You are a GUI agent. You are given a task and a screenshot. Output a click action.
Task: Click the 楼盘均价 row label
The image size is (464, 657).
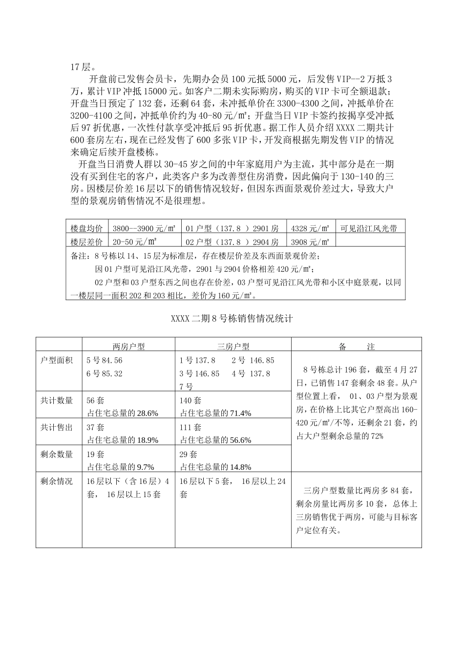coord(86,228)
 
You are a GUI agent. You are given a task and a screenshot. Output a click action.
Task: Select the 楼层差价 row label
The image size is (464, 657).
coord(86,241)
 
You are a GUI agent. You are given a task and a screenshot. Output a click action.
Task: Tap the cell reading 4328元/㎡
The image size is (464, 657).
coord(310,228)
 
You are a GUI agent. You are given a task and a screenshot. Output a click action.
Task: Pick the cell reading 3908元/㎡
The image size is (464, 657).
coord(310,241)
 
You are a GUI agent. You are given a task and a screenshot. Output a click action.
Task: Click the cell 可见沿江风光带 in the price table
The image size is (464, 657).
coord(369,228)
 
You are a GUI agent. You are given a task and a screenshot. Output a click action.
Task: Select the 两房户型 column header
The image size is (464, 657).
coord(128,347)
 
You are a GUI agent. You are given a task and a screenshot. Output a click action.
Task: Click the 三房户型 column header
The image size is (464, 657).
coord(233,347)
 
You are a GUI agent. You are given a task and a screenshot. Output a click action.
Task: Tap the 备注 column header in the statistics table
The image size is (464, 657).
coord(357,347)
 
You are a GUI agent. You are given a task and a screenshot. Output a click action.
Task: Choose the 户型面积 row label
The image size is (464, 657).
coord(57,360)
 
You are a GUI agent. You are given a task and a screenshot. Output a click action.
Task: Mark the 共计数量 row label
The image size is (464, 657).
coord(57,400)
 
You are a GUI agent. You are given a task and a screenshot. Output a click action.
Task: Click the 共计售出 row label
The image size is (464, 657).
coord(57,427)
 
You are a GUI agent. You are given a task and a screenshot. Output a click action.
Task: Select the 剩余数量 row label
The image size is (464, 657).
coord(57,454)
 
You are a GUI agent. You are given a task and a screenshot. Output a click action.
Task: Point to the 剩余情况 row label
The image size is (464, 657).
coord(57,481)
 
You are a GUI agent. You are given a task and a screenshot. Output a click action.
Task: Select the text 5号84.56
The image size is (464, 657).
coord(105,360)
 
